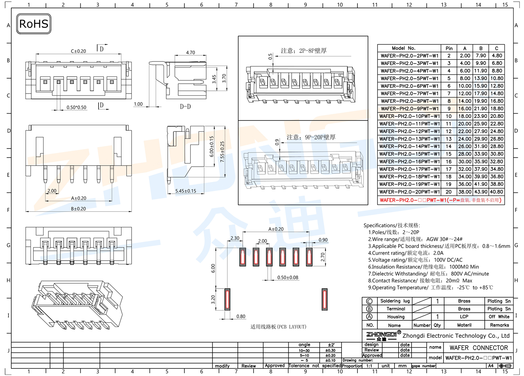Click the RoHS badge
tap(33, 24)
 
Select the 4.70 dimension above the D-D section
tap(190, 52)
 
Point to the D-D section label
tap(185, 107)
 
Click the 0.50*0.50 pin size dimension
tap(76, 107)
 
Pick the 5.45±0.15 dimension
tap(185, 191)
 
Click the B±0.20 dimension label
tap(78, 209)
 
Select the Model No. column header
tap(403, 48)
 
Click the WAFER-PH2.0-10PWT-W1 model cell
tap(409, 116)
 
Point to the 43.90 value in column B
tap(480, 192)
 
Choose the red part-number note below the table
tap(440, 200)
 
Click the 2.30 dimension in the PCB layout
tap(235, 238)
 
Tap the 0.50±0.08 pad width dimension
tap(288, 277)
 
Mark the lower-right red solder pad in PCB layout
tap(324, 299)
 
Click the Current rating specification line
tap(405, 253)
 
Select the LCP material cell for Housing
tap(464, 317)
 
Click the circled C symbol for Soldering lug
tap(369, 301)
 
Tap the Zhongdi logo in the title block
tap(381, 336)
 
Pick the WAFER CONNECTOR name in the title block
tap(479, 348)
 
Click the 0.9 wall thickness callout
tap(277, 142)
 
